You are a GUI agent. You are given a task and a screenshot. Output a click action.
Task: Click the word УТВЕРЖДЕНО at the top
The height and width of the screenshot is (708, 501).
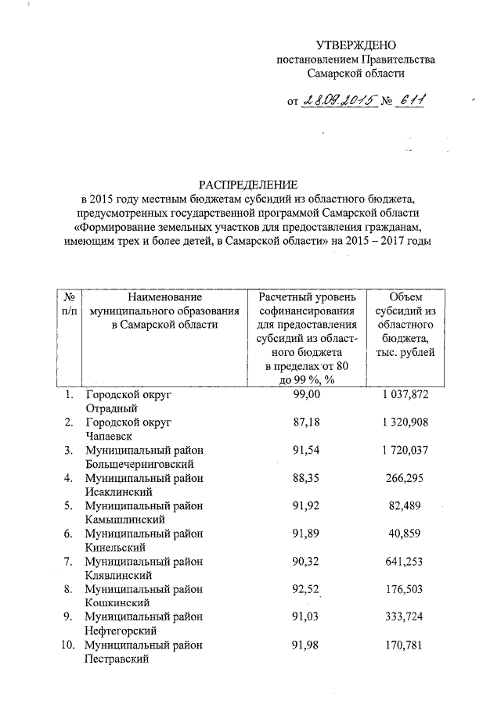pyautogui.click(x=355, y=45)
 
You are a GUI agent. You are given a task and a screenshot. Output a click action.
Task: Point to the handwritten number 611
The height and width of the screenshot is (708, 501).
pyautogui.click(x=414, y=100)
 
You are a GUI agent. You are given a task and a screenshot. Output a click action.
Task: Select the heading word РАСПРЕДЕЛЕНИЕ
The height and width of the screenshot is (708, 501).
pyautogui.click(x=247, y=185)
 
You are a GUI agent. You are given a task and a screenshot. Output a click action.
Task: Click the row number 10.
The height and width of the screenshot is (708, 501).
pyautogui.click(x=67, y=646)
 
